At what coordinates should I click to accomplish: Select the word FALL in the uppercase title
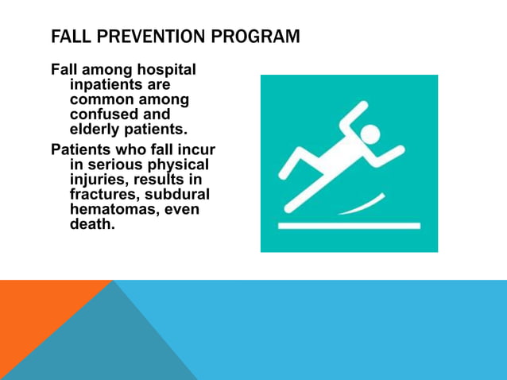68,37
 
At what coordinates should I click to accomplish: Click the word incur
196,150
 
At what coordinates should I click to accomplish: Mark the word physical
180,165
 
